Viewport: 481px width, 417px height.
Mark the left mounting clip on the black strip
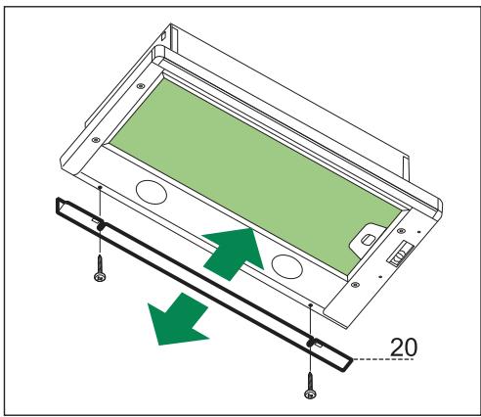(101, 228)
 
